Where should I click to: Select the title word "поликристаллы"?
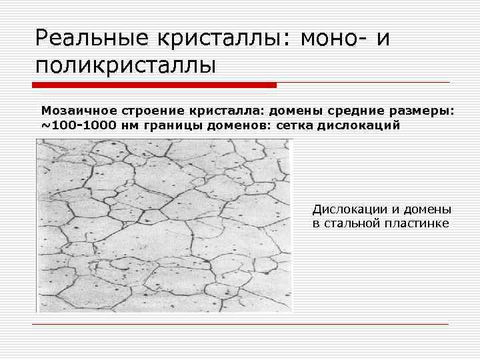pos(127,65)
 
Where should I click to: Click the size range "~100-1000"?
pos(77,125)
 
